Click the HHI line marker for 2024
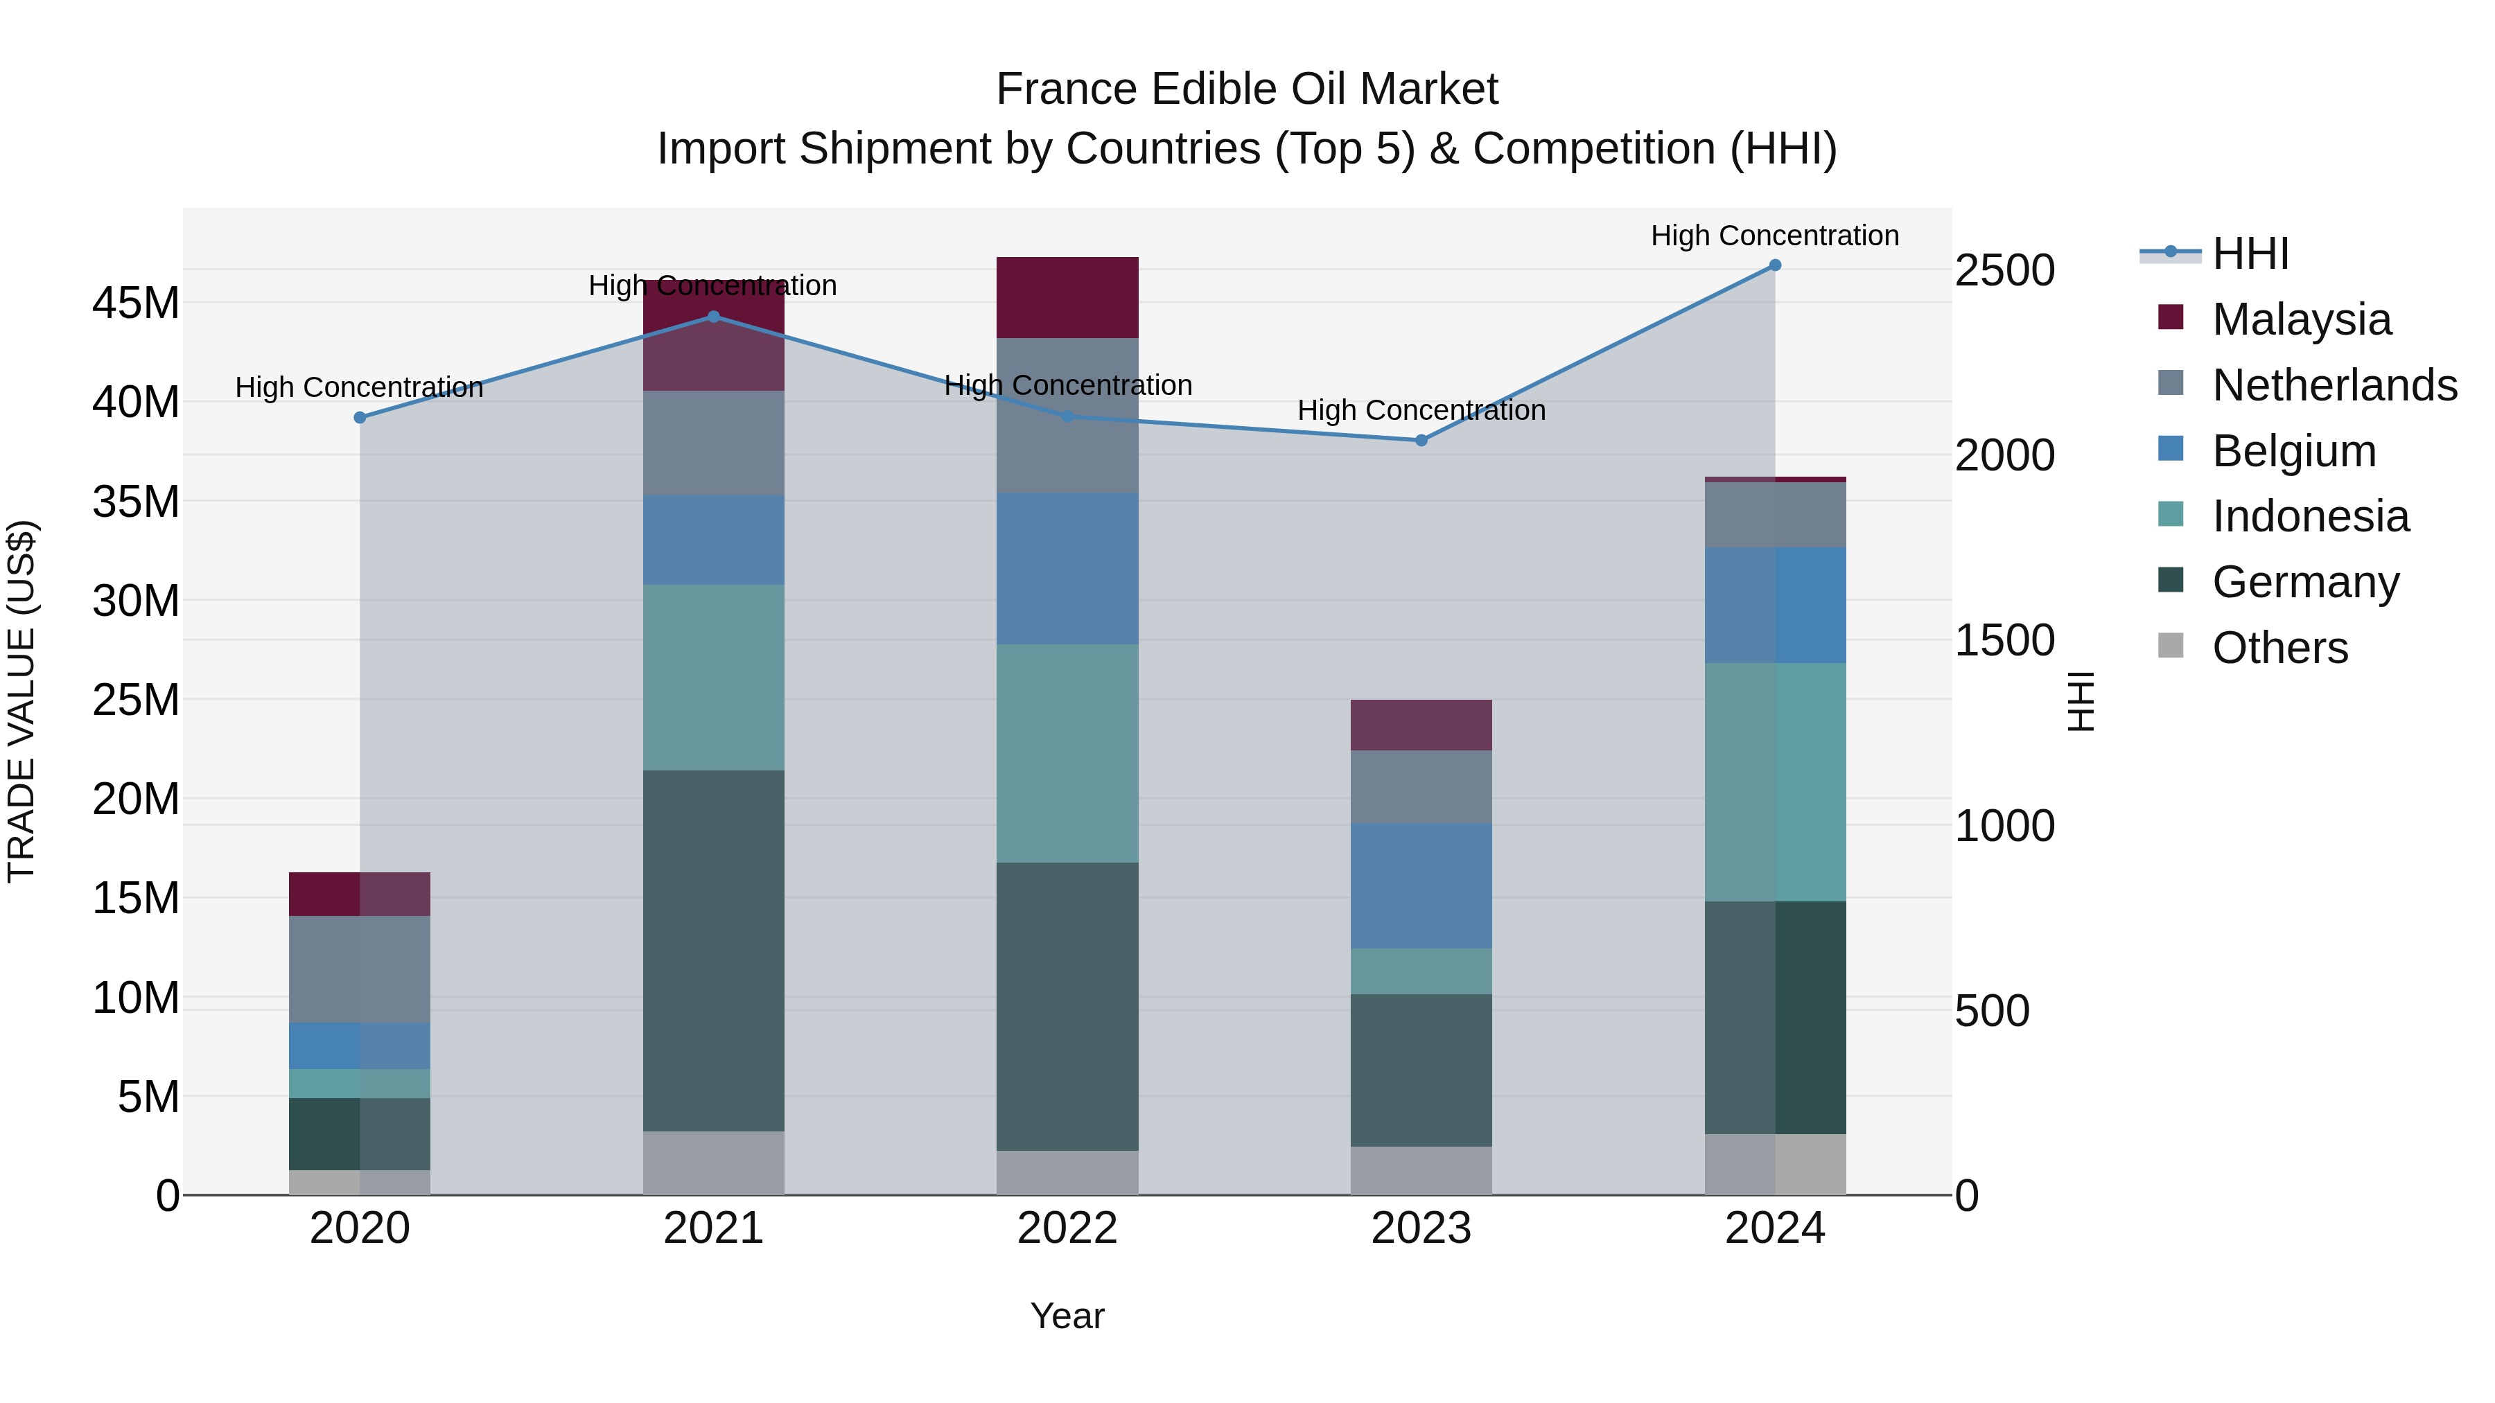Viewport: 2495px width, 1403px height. point(1774,265)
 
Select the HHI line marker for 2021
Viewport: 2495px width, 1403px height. point(714,317)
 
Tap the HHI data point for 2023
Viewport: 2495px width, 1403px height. point(1421,441)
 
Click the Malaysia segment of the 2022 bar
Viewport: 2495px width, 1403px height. point(1067,297)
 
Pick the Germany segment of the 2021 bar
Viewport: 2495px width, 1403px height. point(714,950)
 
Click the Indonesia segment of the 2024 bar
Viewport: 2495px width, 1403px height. point(1774,782)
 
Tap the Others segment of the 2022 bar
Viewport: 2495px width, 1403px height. point(1067,1172)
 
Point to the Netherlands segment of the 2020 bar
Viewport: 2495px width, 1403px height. point(359,969)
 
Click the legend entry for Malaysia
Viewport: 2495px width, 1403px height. point(2300,319)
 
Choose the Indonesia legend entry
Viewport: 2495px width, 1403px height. point(2309,516)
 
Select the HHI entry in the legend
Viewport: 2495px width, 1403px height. point(2250,254)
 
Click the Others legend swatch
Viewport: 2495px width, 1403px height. point(2171,646)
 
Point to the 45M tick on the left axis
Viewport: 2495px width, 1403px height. point(136,303)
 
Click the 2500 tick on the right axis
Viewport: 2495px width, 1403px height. point(2004,270)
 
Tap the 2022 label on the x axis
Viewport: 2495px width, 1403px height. point(1067,1228)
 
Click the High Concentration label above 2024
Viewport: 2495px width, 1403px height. point(1774,236)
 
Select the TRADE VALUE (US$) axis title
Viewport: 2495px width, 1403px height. point(21,701)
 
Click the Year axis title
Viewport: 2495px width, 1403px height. point(1067,1316)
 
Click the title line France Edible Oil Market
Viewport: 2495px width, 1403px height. point(1247,89)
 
